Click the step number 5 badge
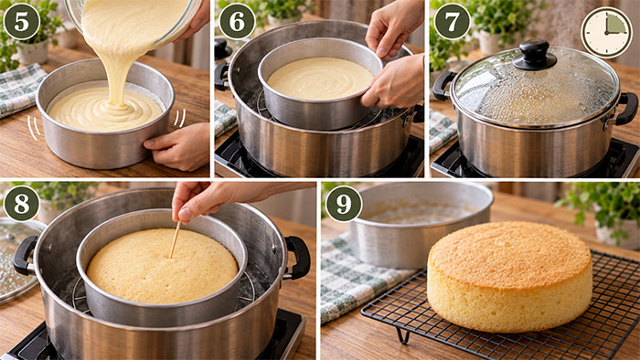click(x=22, y=21)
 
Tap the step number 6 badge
click(x=237, y=21)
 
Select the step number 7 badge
click(x=452, y=21)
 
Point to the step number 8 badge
click(x=22, y=204)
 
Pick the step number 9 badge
click(x=344, y=204)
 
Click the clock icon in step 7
click(x=606, y=33)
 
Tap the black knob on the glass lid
click(x=534, y=55)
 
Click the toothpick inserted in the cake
click(x=176, y=239)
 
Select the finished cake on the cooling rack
click(x=510, y=276)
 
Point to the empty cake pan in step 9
click(x=421, y=224)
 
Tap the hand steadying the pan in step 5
click(x=177, y=146)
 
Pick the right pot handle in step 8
click(x=297, y=258)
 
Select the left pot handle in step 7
click(x=443, y=86)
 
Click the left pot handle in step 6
click(x=222, y=76)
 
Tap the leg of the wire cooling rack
click(x=403, y=335)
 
